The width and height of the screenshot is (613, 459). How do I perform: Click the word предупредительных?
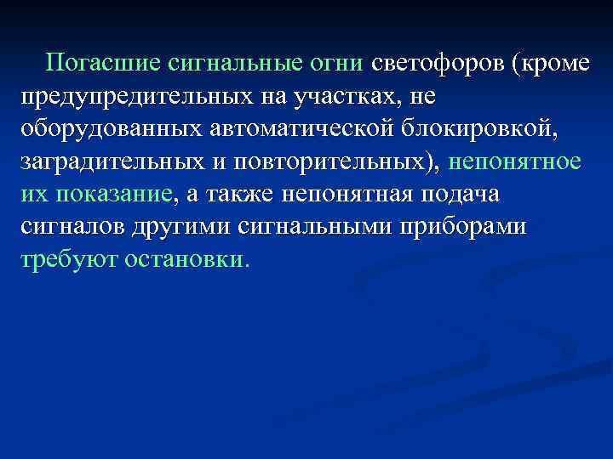(x=139, y=94)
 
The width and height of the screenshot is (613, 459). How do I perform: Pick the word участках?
(x=345, y=94)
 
